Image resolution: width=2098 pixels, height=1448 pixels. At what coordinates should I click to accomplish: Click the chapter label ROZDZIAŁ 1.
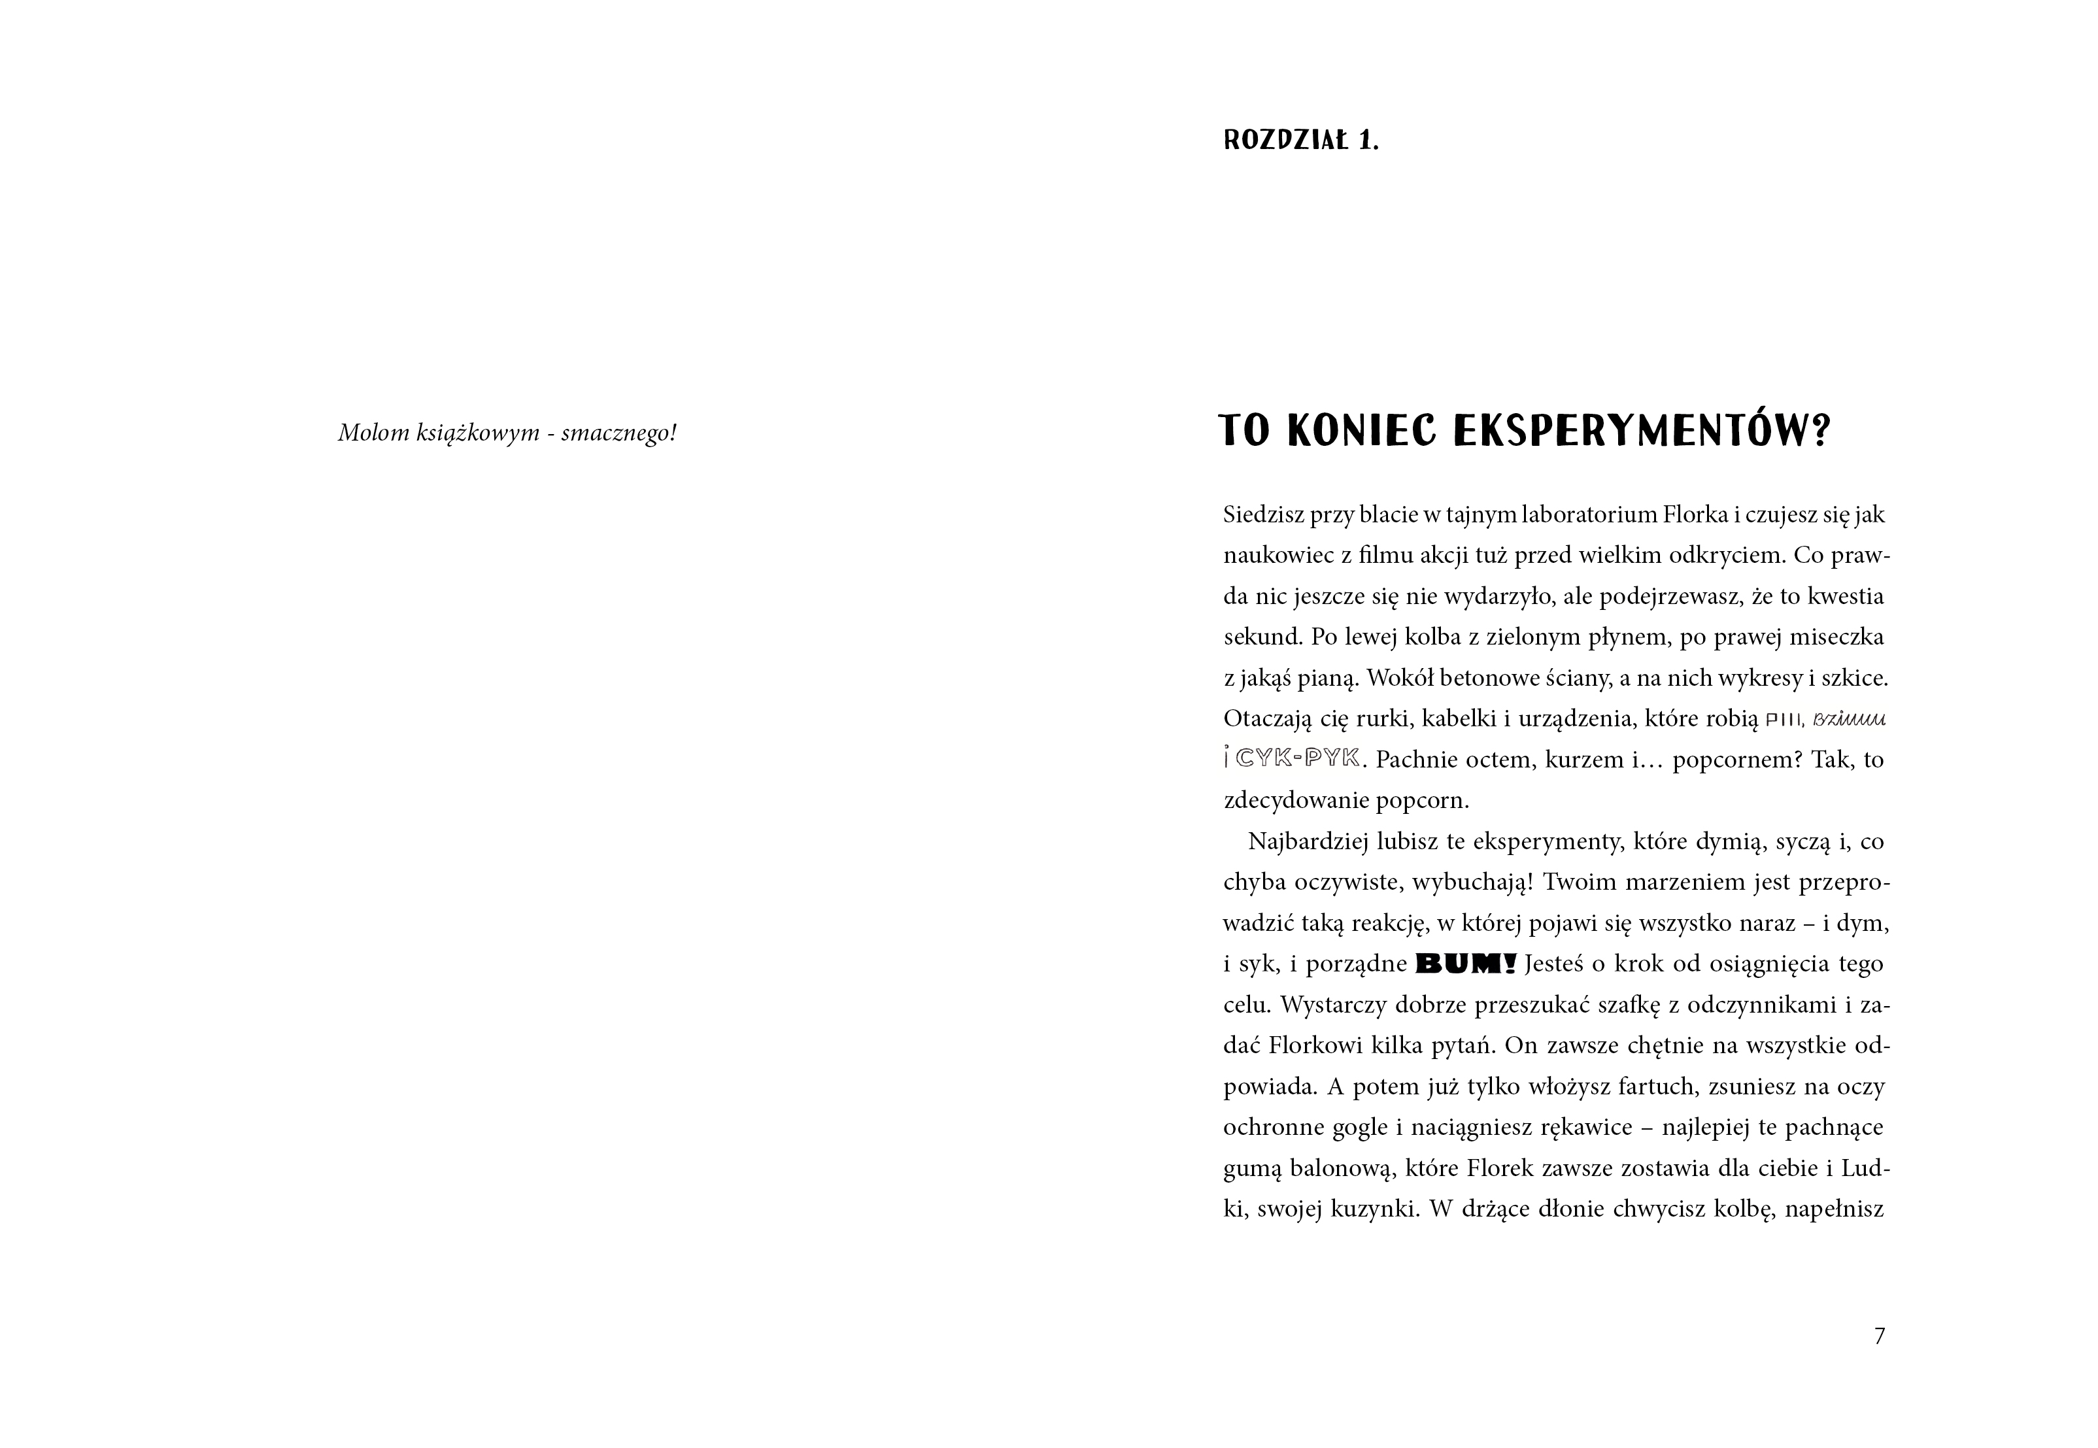click(1300, 142)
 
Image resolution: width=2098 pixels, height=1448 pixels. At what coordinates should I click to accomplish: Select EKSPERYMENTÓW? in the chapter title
click(1642, 433)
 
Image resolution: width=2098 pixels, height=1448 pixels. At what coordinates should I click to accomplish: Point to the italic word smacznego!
click(619, 433)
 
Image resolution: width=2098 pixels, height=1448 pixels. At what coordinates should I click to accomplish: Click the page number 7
click(1879, 1336)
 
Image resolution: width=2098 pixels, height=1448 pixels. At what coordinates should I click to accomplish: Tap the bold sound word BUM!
click(1466, 964)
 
